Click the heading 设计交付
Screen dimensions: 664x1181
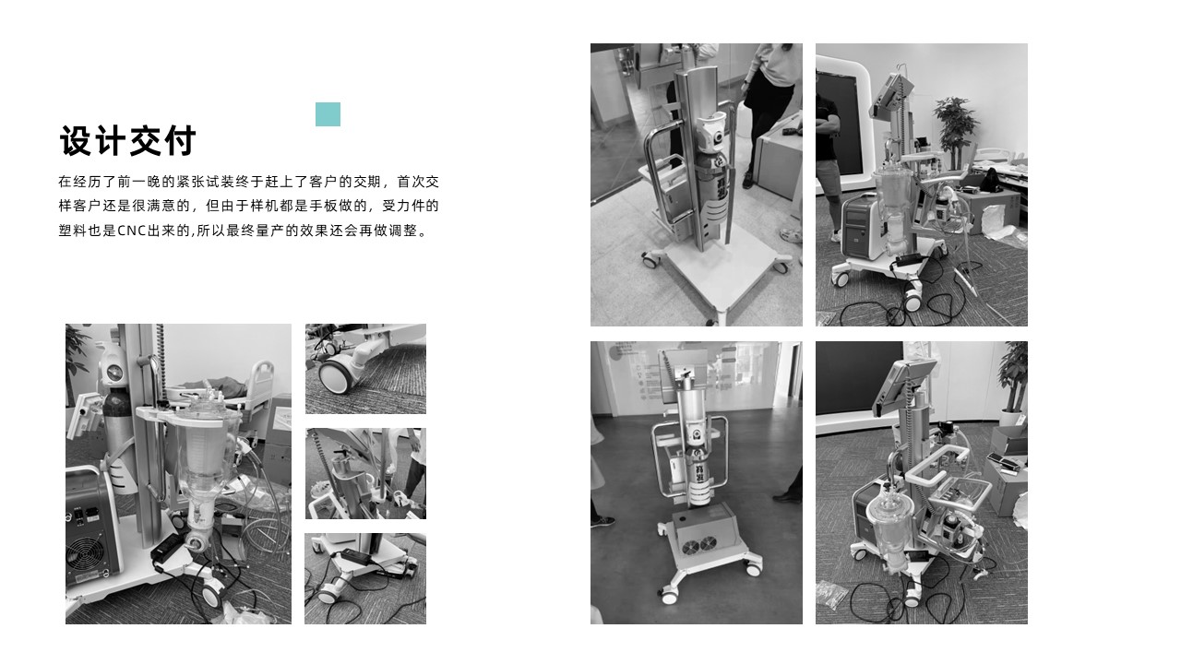[128, 142]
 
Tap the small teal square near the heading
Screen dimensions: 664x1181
[328, 114]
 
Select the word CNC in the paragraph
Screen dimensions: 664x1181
[134, 231]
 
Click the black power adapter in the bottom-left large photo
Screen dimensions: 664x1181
[169, 550]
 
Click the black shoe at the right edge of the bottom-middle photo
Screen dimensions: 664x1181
[789, 496]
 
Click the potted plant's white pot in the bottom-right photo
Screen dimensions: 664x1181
[1011, 418]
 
